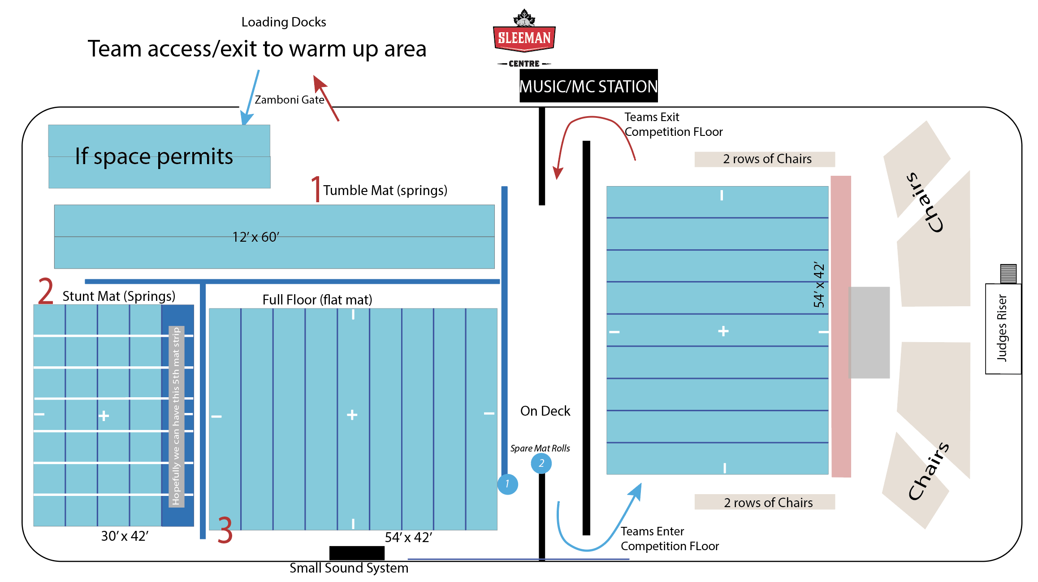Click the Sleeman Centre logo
coord(524,39)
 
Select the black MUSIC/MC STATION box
coord(588,86)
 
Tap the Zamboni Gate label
coord(290,100)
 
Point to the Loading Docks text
coord(284,22)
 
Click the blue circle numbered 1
coord(507,484)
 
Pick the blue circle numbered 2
coord(541,463)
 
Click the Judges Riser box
coord(1003,329)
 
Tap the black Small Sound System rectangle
coord(357,553)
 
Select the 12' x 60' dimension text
coord(255,237)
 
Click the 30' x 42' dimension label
coord(125,536)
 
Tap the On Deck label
coord(545,411)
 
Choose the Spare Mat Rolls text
coord(540,448)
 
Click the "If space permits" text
coord(154,156)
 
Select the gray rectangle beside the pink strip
coord(869,332)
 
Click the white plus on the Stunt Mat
coord(104,416)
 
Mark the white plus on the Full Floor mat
coord(352,415)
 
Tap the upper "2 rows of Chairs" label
coord(767,159)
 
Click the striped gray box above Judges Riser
coord(1008,274)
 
